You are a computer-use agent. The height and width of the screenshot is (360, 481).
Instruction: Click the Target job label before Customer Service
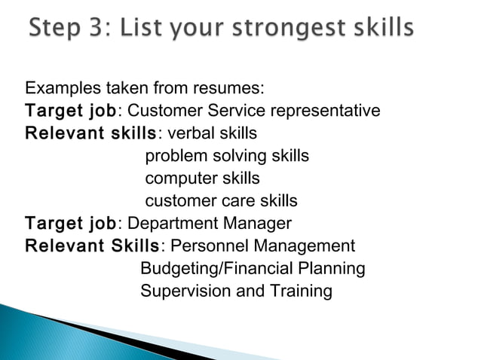[x=70, y=111]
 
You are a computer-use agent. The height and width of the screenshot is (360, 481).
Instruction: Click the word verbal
[x=191, y=134]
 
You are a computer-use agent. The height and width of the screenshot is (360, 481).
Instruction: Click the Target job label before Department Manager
[x=70, y=224]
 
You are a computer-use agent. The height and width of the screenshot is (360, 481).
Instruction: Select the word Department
[x=168, y=224]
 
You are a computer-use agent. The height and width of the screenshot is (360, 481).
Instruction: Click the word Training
[x=301, y=291]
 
